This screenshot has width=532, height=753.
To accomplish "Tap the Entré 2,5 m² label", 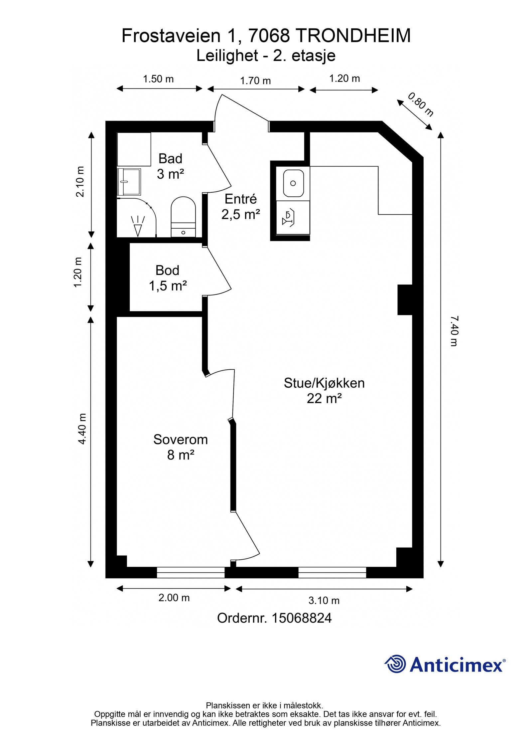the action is click(241, 207).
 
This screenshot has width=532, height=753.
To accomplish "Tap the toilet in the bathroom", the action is click(183, 217).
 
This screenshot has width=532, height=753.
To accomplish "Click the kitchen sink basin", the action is click(293, 183).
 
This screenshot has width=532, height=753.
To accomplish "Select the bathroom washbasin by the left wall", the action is click(129, 181).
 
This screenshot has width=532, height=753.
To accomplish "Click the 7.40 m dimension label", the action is click(454, 331).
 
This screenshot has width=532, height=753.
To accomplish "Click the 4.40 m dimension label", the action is click(82, 429).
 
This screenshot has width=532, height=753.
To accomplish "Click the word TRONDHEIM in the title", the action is click(353, 36).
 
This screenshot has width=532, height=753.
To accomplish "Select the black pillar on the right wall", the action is click(405, 299).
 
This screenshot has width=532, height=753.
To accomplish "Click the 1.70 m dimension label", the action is click(255, 81).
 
